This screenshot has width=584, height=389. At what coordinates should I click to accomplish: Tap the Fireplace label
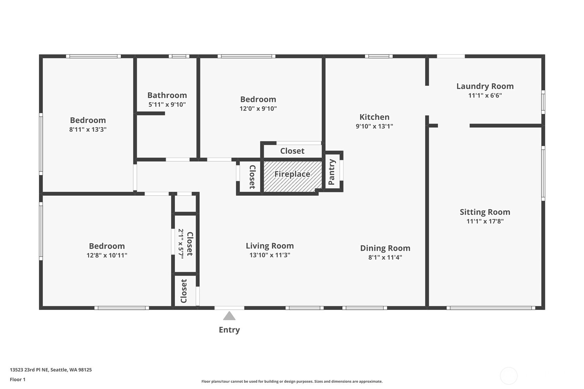(x=292, y=174)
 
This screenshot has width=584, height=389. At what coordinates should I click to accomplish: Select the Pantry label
(x=331, y=172)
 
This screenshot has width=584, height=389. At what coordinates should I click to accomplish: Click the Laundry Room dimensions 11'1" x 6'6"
(x=485, y=95)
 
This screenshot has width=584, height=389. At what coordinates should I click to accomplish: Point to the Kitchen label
(x=374, y=117)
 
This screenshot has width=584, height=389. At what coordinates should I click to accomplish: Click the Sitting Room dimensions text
(x=485, y=221)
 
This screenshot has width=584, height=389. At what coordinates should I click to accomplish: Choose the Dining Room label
(x=385, y=248)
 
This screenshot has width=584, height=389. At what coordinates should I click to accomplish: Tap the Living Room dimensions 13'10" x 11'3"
(x=270, y=255)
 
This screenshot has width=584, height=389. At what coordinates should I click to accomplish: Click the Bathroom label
(x=167, y=95)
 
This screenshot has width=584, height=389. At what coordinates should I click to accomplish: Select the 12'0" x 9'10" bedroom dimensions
(x=258, y=108)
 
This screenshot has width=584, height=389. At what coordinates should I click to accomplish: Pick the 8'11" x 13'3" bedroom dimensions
(x=88, y=129)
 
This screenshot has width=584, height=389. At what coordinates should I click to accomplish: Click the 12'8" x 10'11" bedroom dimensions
(x=107, y=255)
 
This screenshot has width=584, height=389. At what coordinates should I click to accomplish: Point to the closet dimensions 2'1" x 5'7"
(x=181, y=244)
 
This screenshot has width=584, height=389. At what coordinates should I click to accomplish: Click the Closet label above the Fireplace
(x=292, y=151)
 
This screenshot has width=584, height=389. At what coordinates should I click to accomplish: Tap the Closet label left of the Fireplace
(x=252, y=177)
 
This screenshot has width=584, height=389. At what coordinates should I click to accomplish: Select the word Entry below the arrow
(x=229, y=330)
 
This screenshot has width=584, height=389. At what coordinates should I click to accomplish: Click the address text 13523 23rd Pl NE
(x=29, y=370)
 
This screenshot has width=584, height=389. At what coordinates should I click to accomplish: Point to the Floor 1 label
(x=18, y=379)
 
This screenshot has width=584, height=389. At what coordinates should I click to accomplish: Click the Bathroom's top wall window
(x=179, y=56)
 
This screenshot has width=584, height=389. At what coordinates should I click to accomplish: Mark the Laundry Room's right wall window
(x=543, y=102)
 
